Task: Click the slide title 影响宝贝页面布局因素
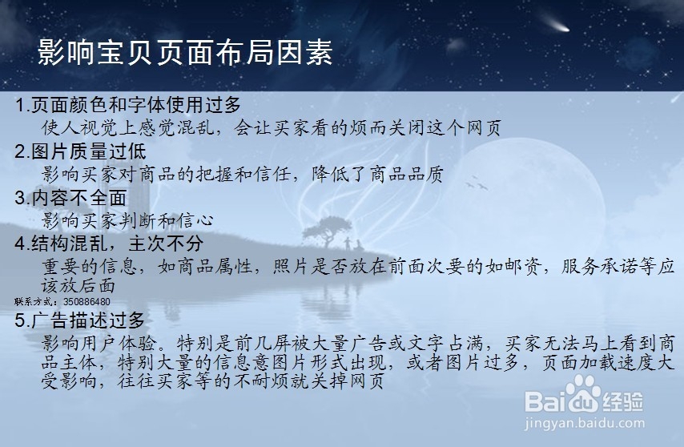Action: coord(185,53)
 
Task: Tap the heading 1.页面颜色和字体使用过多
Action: coord(128,105)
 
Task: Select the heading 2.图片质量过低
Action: coord(80,151)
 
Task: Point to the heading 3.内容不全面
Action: coord(70,198)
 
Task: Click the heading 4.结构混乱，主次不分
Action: coord(109,244)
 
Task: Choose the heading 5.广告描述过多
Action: coord(80,320)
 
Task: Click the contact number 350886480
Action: coord(87,302)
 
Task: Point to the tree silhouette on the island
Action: coord(327,232)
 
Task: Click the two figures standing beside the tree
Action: coord(352,244)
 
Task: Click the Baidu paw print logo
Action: coord(583,395)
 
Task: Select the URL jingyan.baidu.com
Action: coord(585,423)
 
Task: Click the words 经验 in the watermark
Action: coord(623,401)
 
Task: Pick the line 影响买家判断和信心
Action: coord(128,220)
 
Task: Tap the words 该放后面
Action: coord(78,286)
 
